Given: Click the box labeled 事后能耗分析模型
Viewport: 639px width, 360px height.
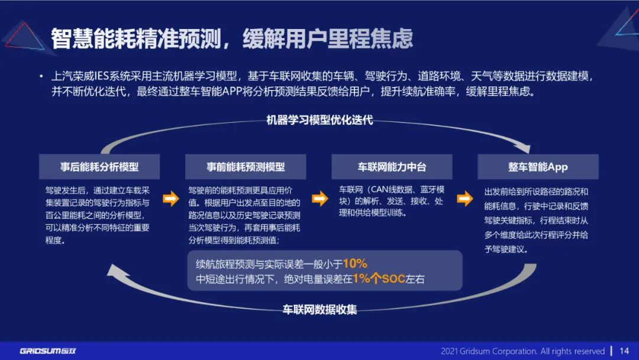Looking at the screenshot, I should [99, 167].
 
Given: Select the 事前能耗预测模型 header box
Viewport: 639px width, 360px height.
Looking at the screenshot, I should [246, 167].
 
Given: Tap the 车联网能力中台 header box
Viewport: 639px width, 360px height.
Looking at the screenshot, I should [392, 167].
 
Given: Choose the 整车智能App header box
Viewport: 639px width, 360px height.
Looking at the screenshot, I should [538, 167].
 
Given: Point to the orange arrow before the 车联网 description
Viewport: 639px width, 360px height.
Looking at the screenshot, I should [319, 199].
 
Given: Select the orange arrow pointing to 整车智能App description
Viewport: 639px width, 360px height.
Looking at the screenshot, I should [466, 199].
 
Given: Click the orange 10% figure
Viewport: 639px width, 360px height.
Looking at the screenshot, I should [355, 263].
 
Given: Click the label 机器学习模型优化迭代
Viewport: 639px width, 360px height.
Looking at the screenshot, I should [319, 120].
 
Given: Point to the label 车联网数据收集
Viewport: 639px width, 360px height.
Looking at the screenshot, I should [319, 309].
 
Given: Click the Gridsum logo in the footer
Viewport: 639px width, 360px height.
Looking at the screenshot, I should [48, 351].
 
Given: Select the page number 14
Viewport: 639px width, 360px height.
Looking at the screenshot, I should [624, 351].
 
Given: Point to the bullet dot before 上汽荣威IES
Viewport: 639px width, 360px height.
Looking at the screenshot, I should [41, 76].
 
